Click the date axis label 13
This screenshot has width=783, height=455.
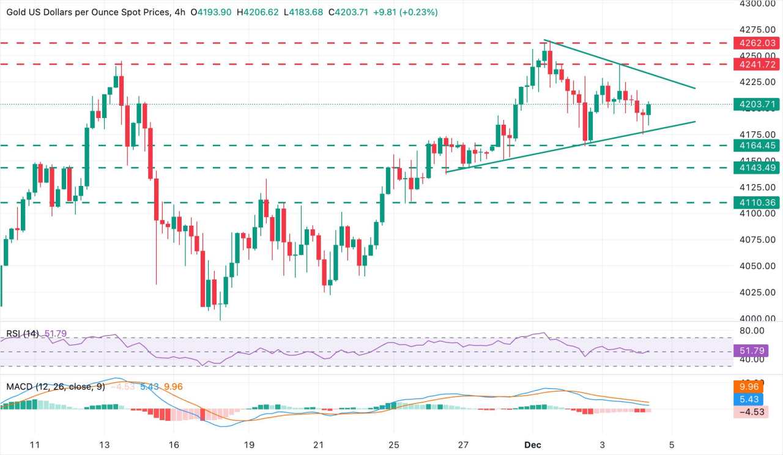click(x=104, y=444)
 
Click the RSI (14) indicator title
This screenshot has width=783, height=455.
click(x=23, y=334)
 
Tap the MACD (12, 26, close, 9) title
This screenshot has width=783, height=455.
click(x=56, y=387)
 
